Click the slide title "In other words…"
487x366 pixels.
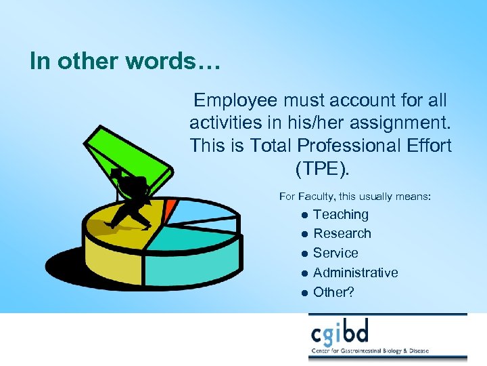coord(125,61)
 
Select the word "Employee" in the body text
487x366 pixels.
coord(235,100)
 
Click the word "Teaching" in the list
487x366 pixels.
coord(341,215)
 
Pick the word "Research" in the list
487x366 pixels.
coord(342,234)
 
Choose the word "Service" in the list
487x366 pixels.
coord(335,253)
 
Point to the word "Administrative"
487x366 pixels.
coord(356,272)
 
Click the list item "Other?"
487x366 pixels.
coord(334,292)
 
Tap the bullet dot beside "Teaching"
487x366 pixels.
coord(305,216)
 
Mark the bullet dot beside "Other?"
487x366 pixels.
coord(305,293)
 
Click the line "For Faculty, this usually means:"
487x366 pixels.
coord(355,197)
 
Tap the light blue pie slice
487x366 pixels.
coord(203,211)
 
